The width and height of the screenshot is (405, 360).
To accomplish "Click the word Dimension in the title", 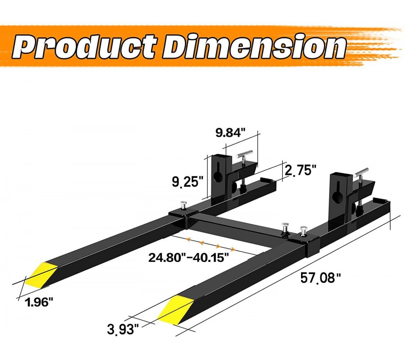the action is point(254,46).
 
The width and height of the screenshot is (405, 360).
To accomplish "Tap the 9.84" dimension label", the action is point(230,132).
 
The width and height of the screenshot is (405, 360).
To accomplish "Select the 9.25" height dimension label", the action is point(188,181).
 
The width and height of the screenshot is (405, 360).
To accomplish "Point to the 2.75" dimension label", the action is point(300,170).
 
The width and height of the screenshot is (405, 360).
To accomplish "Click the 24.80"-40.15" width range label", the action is point(189,257).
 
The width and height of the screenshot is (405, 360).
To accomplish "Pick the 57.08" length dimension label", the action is point(320,279).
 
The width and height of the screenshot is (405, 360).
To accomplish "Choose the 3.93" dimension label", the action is point(123,329).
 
